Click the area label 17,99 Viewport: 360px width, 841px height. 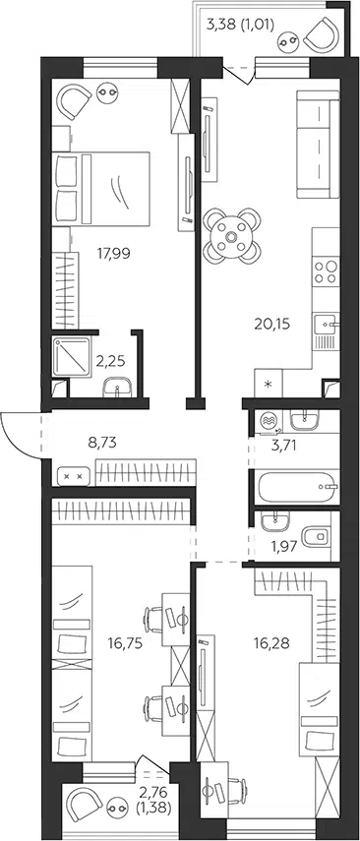[x=114, y=252]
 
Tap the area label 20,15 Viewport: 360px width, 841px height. [x=271, y=324]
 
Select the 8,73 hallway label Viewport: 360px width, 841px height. [x=102, y=443]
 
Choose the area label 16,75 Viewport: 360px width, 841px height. [x=124, y=643]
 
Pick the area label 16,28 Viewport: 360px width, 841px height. [x=271, y=643]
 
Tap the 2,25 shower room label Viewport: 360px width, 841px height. [x=110, y=361]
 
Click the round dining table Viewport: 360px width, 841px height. [x=232, y=236]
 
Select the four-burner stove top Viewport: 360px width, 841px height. [x=327, y=270]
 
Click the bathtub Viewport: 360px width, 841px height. [x=297, y=487]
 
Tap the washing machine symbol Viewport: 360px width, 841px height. [x=269, y=421]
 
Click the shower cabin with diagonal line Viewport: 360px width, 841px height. [x=72, y=357]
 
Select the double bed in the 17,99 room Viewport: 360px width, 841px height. [x=101, y=188]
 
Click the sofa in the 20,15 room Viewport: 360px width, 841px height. [x=318, y=145]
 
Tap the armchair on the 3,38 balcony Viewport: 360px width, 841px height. [x=321, y=34]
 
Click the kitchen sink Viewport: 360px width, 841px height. [x=326, y=324]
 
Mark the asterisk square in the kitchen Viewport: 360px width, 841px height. [x=269, y=384]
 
